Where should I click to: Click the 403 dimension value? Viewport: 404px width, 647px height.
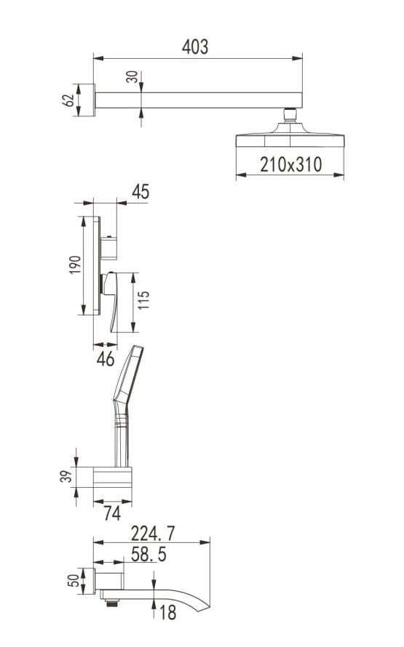195,47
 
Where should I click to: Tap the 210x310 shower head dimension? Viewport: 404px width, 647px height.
291,164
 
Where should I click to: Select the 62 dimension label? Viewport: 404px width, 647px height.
68,100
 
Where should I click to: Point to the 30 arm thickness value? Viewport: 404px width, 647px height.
132,76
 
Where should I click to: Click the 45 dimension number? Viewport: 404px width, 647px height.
140,192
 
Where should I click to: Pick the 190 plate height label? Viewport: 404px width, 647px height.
75,265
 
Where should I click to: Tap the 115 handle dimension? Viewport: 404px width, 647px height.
143,300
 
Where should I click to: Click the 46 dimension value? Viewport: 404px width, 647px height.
106,359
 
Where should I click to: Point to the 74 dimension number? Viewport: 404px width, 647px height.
112,513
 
